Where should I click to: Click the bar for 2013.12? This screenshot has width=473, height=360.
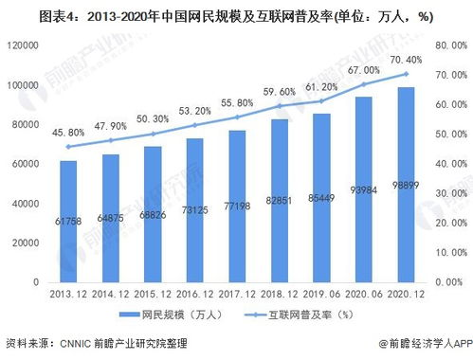(x=67, y=221)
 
